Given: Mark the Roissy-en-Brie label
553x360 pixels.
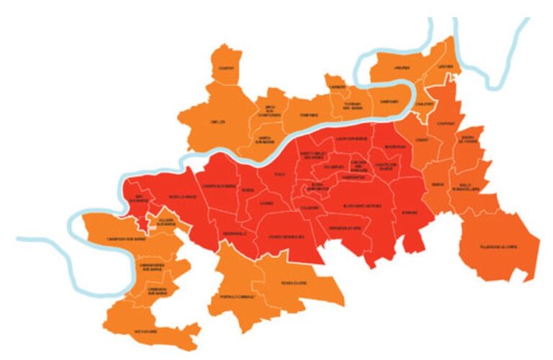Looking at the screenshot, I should pos(295,283).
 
